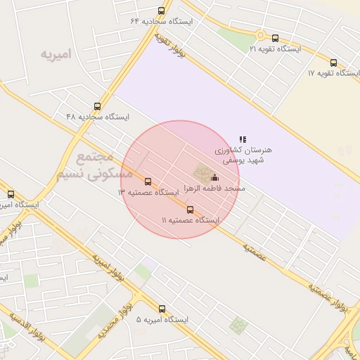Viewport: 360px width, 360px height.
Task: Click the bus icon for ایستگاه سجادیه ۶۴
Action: pos(162,11)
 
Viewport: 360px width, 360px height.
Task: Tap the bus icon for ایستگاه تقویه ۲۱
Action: pos(275,39)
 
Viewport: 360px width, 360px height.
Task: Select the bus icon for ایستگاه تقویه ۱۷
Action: pos(333,63)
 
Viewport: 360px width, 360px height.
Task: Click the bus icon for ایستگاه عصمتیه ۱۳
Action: pos(148,182)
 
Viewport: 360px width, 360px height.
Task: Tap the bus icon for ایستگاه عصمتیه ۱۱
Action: pos(190,210)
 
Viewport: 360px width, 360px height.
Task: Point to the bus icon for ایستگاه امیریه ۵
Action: pos(162,309)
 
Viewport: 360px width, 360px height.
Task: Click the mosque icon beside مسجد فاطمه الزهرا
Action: pos(215,178)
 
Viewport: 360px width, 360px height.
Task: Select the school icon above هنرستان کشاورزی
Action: pos(243,140)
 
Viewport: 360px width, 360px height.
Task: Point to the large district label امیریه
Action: pos(57,54)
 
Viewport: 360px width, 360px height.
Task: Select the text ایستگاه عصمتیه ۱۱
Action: pos(191,220)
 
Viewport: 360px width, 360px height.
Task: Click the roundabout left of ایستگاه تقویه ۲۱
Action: pos(261,34)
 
